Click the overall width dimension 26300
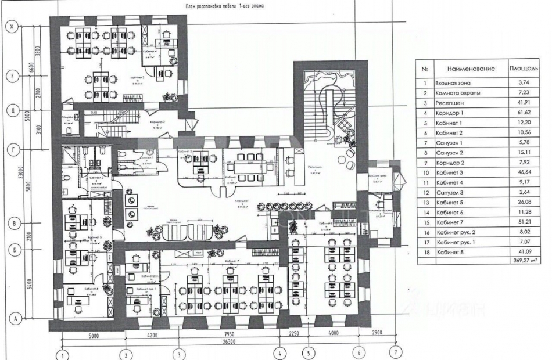pyautogui.click(x=229, y=342)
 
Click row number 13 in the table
pyautogui.click(x=425, y=201)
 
